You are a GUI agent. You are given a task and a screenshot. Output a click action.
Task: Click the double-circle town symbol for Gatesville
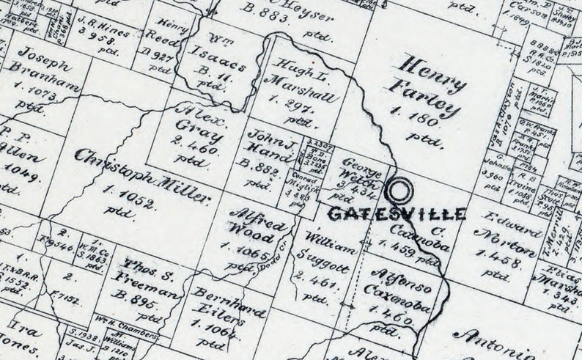tap(401, 192)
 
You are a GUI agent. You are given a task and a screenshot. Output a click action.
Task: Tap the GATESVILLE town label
tap(396, 214)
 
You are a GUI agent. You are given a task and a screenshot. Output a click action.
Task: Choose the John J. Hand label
tap(270, 142)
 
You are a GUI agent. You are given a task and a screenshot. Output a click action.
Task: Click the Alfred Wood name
tap(251, 224)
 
